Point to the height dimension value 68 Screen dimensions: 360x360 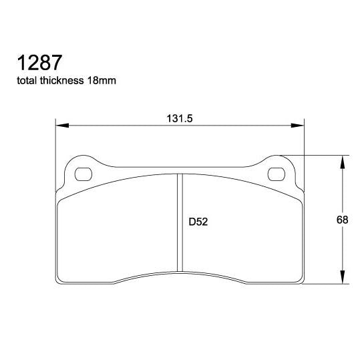pos(343,220)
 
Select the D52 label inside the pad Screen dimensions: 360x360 pos(198,222)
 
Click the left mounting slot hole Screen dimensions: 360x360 pos(83,175)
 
